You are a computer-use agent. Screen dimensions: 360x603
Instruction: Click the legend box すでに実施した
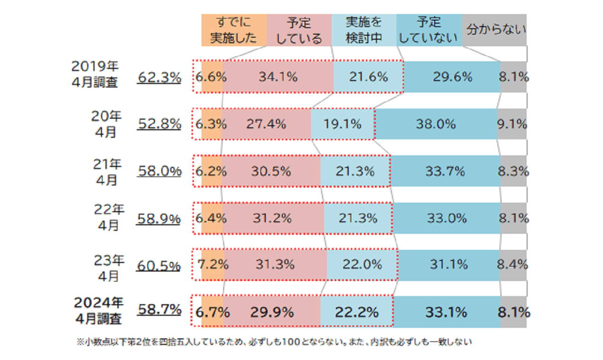point(234,30)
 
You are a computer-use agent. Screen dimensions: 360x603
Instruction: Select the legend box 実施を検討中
point(364,30)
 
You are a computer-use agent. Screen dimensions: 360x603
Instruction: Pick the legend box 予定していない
point(429,30)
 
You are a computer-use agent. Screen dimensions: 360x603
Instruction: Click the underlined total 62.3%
point(159,77)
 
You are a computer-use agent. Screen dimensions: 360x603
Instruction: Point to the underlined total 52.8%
point(159,124)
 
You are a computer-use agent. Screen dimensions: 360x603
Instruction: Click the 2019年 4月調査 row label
point(95,74)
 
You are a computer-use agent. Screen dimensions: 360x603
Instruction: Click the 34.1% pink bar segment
point(278,77)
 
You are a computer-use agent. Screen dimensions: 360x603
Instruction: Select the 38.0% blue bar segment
point(436,124)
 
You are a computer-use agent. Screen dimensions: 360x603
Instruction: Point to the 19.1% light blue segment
point(342,124)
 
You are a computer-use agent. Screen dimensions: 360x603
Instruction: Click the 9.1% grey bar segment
point(512,124)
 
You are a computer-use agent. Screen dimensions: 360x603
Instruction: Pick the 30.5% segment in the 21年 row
point(271,171)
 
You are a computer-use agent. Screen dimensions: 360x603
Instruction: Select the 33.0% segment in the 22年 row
point(446,218)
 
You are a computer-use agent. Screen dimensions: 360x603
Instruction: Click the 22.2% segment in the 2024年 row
point(357,312)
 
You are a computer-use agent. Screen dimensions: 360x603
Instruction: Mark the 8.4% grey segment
point(513,264)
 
